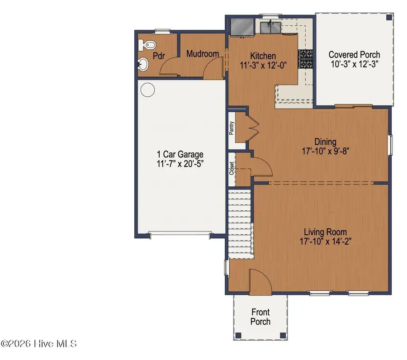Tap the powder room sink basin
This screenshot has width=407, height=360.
point(142,64)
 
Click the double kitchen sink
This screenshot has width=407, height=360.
point(272,28)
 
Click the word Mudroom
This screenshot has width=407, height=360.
point(203,54)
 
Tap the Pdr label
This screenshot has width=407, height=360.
point(158,57)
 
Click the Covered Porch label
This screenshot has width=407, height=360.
point(354,54)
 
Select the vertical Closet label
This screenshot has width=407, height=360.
point(232,169)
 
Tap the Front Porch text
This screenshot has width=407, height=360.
point(260,317)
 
